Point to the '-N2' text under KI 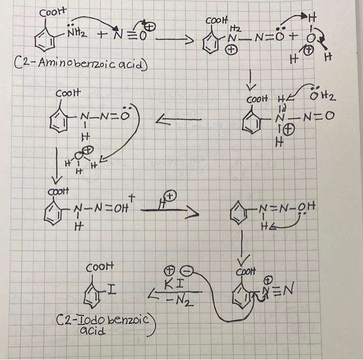tap(176, 299)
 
